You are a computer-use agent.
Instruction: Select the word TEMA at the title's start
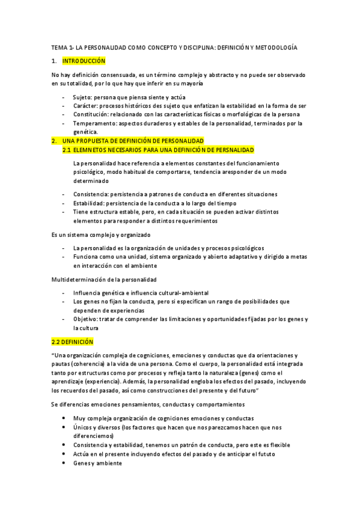[x=59, y=47]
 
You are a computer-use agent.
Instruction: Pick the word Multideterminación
[x=79, y=280]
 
